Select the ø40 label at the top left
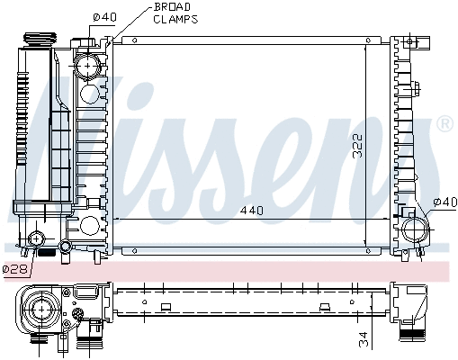105,17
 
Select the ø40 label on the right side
445,202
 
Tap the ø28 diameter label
14,268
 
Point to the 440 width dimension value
251,211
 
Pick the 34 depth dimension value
362,339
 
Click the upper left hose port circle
87,67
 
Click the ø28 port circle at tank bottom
37,238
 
